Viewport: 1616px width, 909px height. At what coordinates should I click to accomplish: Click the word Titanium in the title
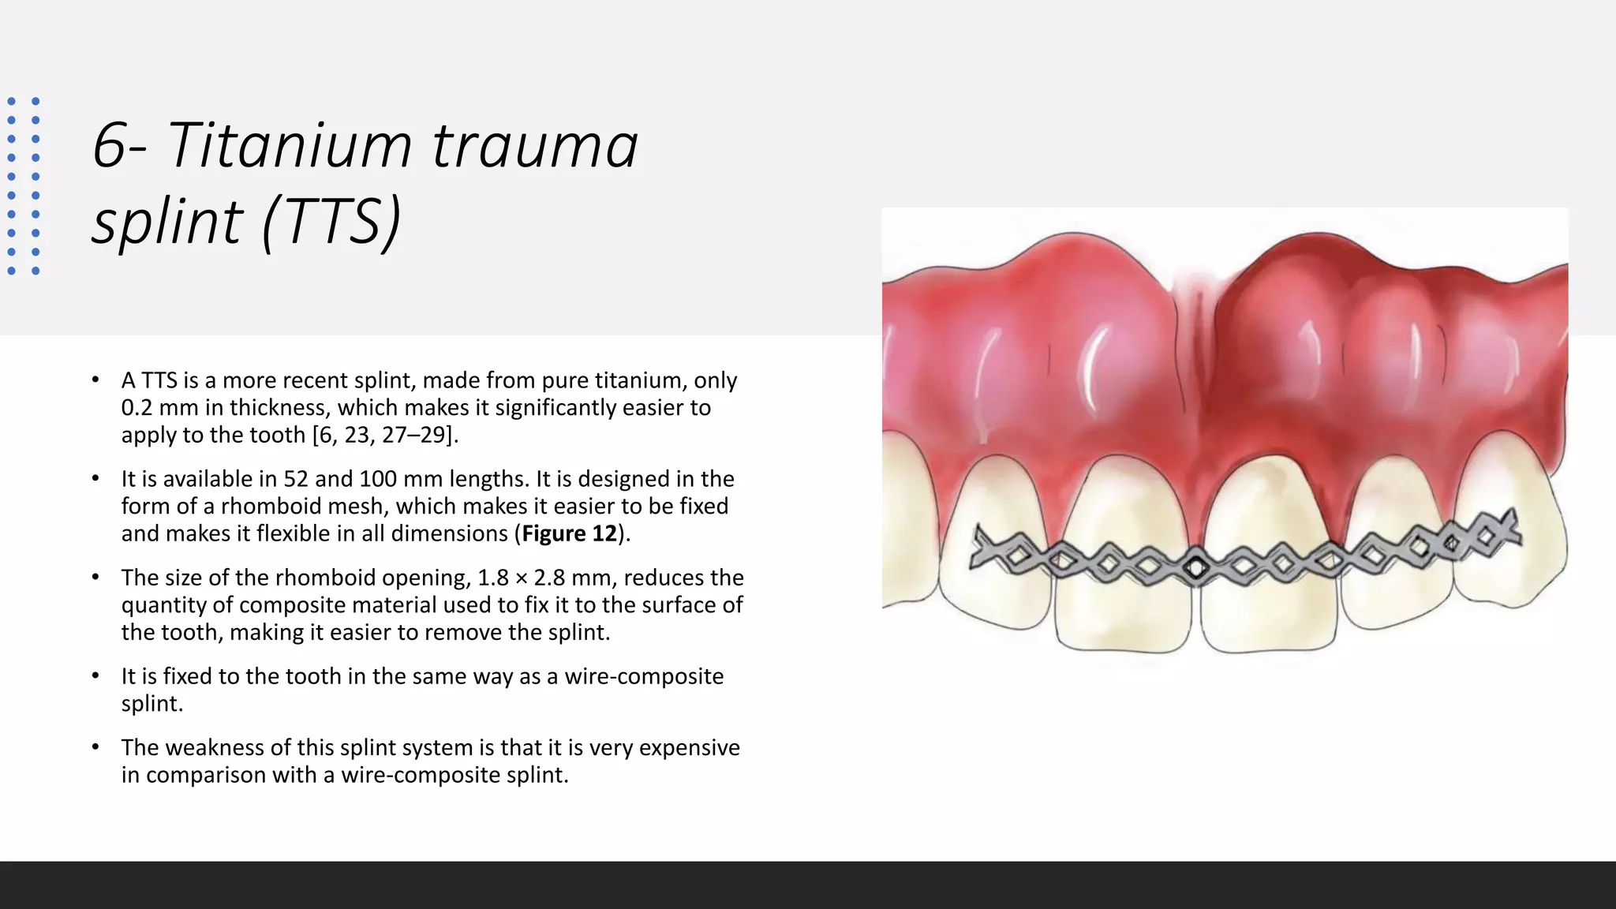(x=290, y=145)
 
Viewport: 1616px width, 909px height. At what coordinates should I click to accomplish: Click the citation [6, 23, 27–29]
(x=384, y=435)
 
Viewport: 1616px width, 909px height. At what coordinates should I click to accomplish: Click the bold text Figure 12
(x=569, y=534)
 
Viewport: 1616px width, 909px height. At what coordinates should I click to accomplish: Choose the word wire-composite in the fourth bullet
(x=644, y=676)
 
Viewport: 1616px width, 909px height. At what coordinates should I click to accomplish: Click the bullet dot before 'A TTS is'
(x=95, y=380)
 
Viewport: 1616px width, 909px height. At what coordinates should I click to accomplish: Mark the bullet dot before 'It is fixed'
(x=95, y=676)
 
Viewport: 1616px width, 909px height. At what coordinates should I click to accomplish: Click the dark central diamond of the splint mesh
(x=1195, y=567)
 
